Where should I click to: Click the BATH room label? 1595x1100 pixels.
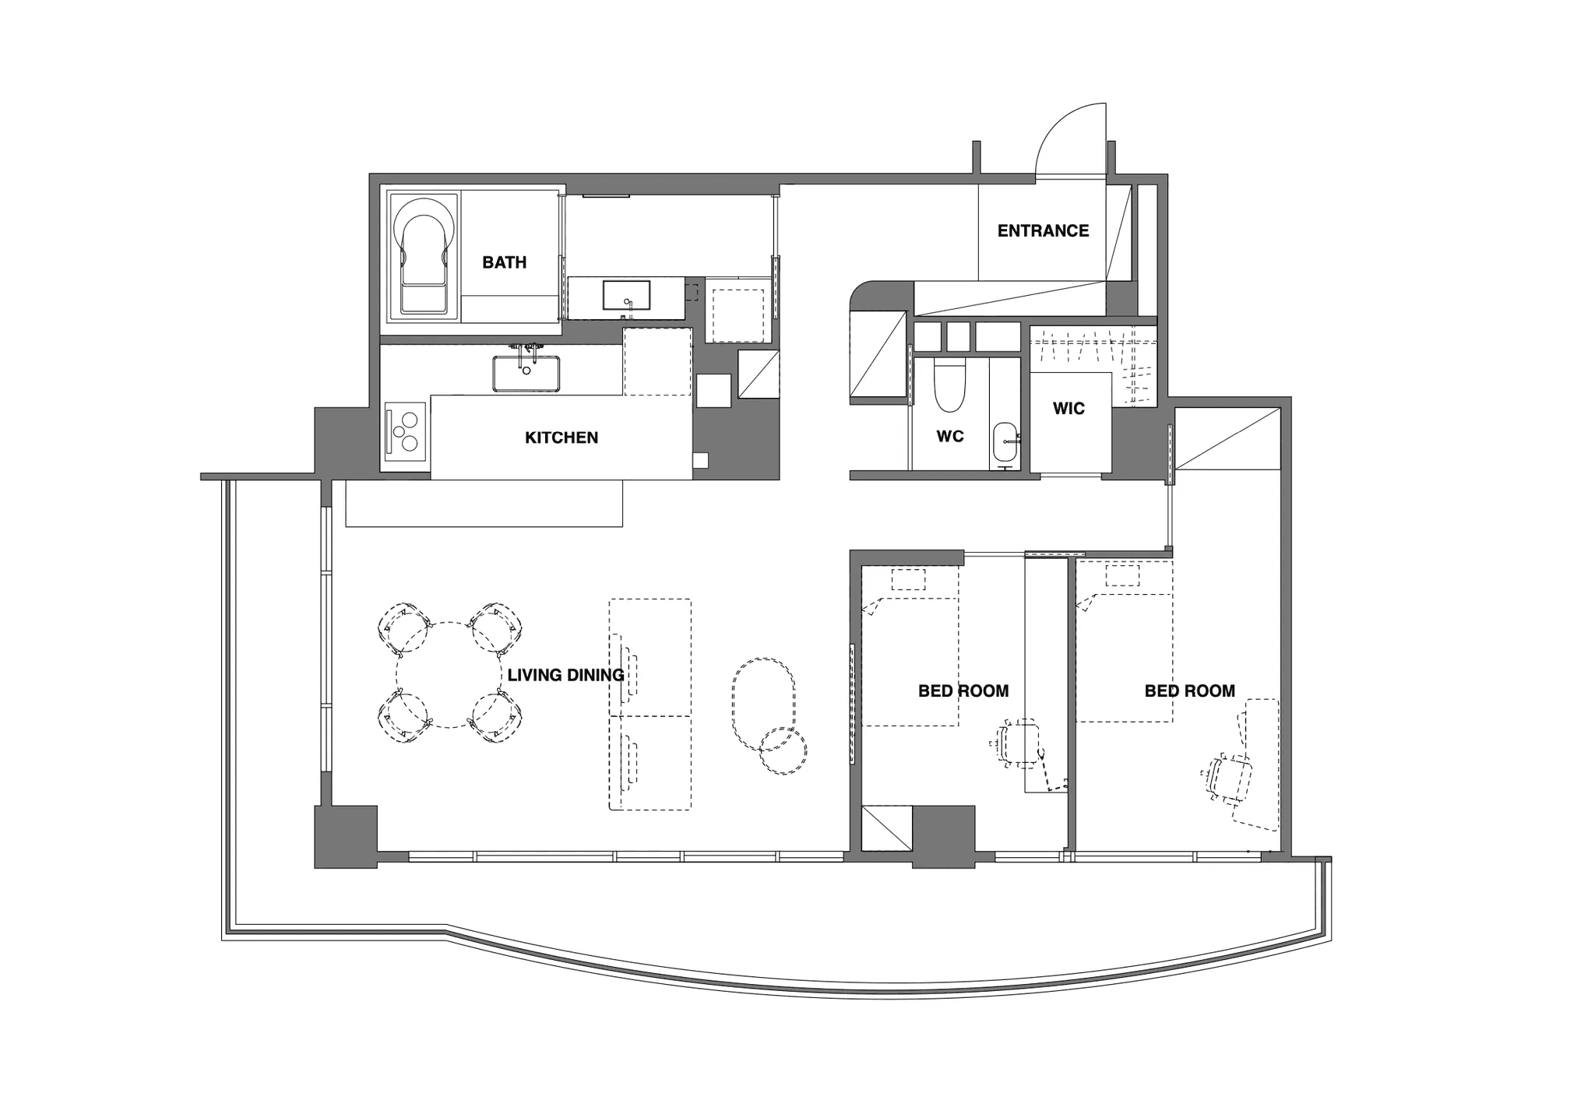click(504, 262)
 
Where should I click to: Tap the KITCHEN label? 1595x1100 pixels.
click(562, 438)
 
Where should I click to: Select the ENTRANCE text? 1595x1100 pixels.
click(1043, 230)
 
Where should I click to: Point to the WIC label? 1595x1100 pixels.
click(1069, 409)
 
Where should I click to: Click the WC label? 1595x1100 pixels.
click(950, 437)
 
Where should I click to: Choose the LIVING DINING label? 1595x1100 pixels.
click(565, 675)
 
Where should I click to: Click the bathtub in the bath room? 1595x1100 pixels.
click(424, 255)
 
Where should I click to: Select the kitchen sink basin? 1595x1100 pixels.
click(526, 374)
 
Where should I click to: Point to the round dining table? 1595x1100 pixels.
click(449, 675)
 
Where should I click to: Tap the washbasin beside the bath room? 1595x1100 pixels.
click(626, 296)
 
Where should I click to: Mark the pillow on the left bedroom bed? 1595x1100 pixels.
click(908, 580)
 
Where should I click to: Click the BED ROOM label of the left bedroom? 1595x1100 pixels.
click(963, 691)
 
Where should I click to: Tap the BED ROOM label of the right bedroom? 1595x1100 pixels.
click(1190, 691)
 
